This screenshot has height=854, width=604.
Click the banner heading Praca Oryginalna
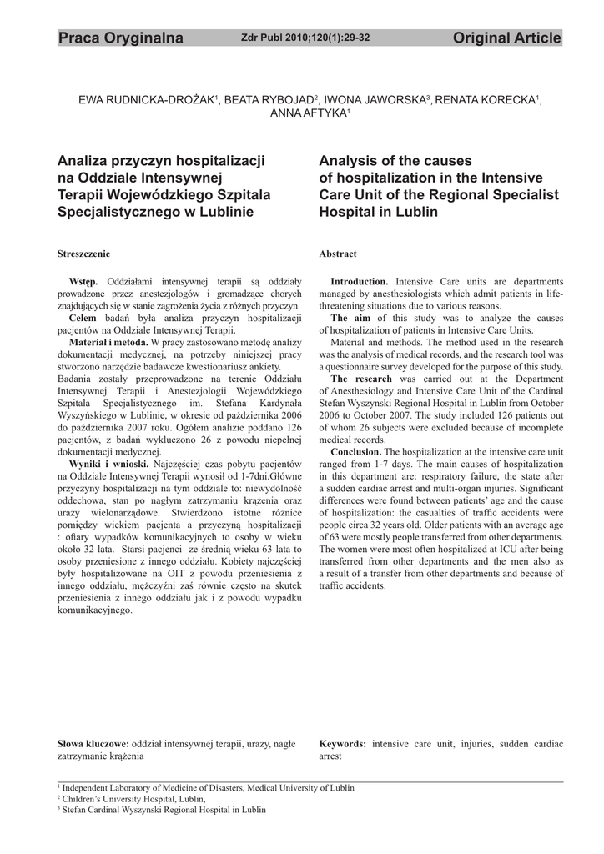click(x=120, y=38)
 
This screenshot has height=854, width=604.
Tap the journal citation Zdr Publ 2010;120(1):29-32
click(x=305, y=38)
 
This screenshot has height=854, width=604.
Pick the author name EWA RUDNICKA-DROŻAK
click(x=147, y=100)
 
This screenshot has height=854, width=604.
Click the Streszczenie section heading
click(x=83, y=254)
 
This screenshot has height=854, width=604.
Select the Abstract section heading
click(x=338, y=254)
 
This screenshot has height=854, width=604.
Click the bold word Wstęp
click(x=83, y=282)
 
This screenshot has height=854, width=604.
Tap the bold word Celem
click(x=83, y=319)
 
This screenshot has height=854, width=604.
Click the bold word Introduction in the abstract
click(x=360, y=282)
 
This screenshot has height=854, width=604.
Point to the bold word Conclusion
click(x=356, y=451)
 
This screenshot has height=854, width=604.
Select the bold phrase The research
click(x=361, y=379)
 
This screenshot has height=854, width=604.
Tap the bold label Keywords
click(x=343, y=742)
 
